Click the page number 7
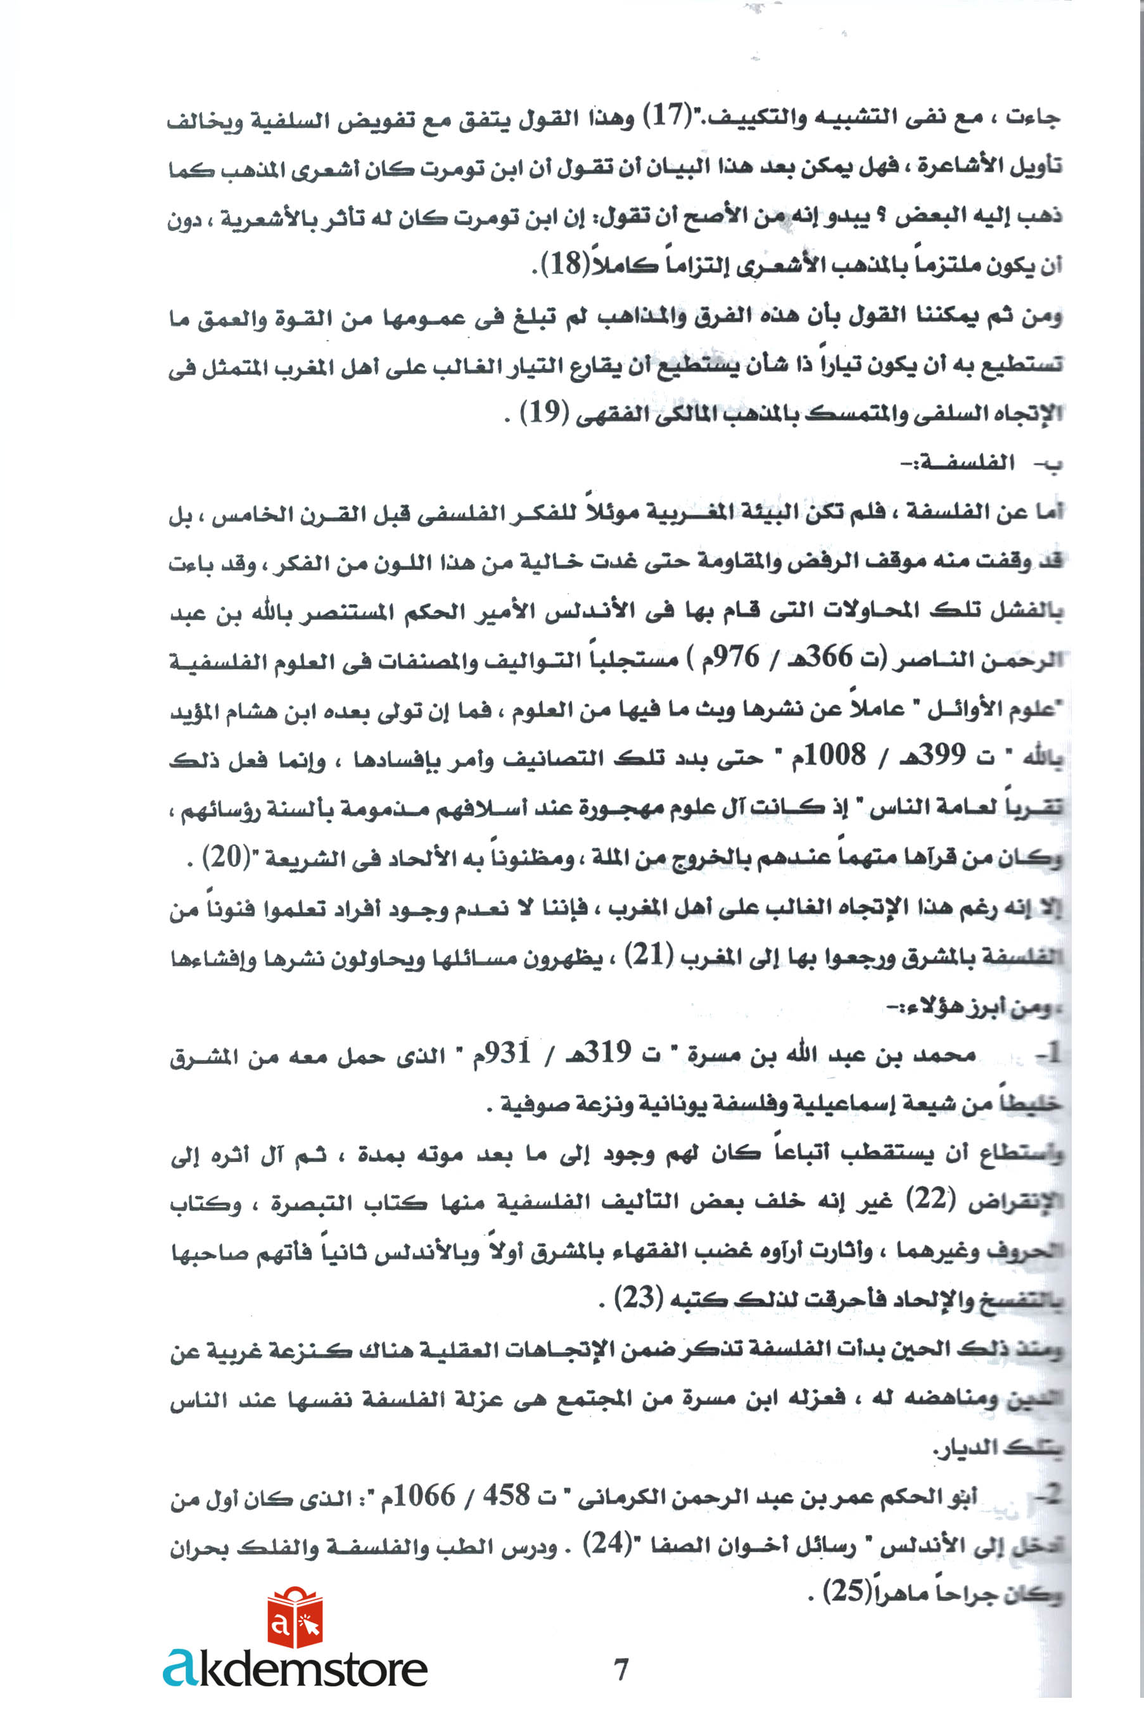621,1669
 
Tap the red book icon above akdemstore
295,1619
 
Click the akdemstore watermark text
295,1669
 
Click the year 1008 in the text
837,755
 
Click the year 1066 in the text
423,1496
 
